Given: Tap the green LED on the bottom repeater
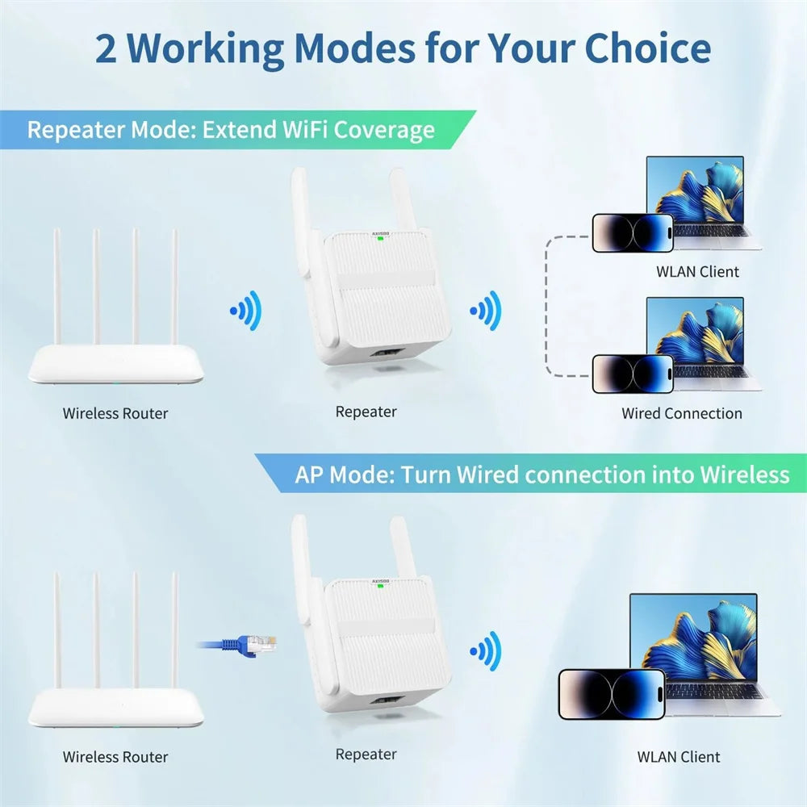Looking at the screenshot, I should click(x=379, y=587).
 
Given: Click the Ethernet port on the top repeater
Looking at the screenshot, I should click(x=385, y=353).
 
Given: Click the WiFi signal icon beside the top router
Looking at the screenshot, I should click(x=245, y=311).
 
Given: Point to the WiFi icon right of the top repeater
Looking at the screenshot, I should click(x=485, y=311).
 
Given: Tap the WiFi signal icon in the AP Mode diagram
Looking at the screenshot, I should click(x=485, y=650).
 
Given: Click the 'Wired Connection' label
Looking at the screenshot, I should click(x=681, y=413).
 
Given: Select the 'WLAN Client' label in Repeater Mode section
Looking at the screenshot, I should click(x=697, y=271).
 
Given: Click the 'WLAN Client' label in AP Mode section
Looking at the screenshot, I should click(x=678, y=757).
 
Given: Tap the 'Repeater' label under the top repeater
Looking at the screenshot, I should click(x=366, y=412).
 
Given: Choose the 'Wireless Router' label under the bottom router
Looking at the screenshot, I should click(x=115, y=757).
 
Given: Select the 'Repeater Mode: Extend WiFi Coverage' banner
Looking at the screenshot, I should click(x=231, y=130).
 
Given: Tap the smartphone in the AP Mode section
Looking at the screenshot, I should click(x=612, y=694).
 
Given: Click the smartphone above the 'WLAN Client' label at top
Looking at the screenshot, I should click(x=633, y=232).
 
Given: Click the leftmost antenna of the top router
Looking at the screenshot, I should click(x=56, y=286).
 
